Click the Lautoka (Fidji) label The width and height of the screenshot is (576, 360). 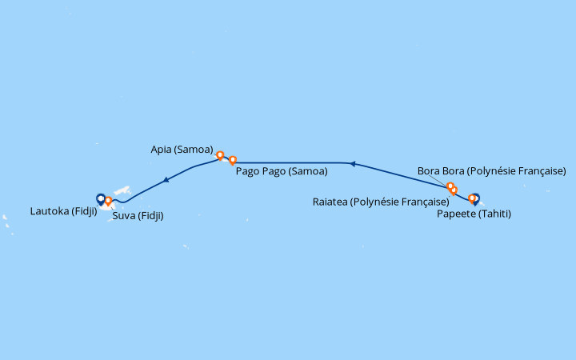click(63, 211)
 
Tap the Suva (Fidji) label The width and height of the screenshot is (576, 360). click(138, 216)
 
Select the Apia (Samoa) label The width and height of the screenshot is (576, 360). click(182, 150)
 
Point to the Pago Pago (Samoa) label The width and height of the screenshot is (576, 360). click(282, 171)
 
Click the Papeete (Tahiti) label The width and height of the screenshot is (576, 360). click(474, 214)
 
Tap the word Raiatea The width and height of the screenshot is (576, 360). click(330, 202)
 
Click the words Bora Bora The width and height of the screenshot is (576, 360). click(438, 171)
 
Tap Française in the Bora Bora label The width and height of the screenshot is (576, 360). click(543, 171)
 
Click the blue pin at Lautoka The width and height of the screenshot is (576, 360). click(101, 199)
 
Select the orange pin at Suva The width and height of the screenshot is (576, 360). click(108, 202)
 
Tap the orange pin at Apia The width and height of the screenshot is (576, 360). click(220, 156)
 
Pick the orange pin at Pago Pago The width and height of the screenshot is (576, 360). click(233, 161)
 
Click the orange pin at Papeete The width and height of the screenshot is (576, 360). click(472, 199)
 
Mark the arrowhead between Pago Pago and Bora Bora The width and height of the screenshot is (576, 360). click(352, 164)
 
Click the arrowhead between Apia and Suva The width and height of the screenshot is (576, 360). click(166, 180)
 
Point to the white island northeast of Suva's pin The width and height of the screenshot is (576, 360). click(122, 190)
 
